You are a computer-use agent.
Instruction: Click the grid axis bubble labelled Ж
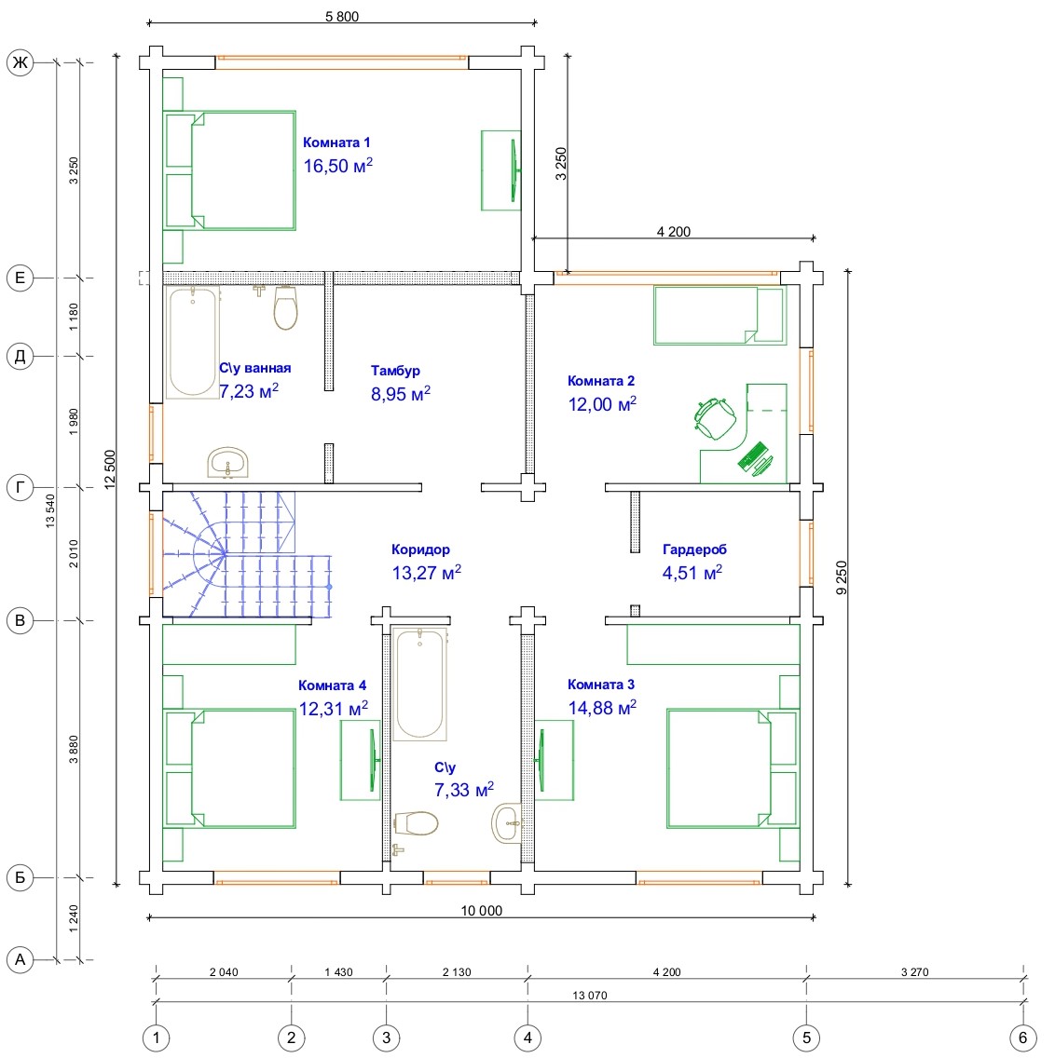tap(21, 62)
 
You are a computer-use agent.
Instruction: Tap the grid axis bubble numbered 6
tap(1022, 1038)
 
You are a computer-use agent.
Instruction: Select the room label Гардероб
tap(694, 549)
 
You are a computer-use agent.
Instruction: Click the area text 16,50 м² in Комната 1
tap(337, 166)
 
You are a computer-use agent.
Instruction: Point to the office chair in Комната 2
tap(715, 417)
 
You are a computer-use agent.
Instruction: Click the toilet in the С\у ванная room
tap(286, 307)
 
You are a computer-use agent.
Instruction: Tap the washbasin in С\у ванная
tap(227, 463)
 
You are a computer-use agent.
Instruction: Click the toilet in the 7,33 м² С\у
tap(415, 823)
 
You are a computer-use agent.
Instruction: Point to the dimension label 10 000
tap(482, 910)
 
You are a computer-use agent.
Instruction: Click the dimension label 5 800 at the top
tap(342, 16)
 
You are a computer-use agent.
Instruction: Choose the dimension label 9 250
tap(841, 577)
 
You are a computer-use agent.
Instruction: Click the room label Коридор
tap(420, 549)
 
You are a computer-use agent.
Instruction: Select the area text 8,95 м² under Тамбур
tap(401, 393)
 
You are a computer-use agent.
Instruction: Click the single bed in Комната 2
tap(719, 315)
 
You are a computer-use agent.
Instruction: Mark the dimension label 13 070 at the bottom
tap(590, 995)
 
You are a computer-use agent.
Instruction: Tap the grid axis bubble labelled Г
tap(21, 486)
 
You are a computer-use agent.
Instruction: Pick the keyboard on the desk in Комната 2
tap(752, 456)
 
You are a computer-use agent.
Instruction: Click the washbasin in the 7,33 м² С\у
tap(507, 822)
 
